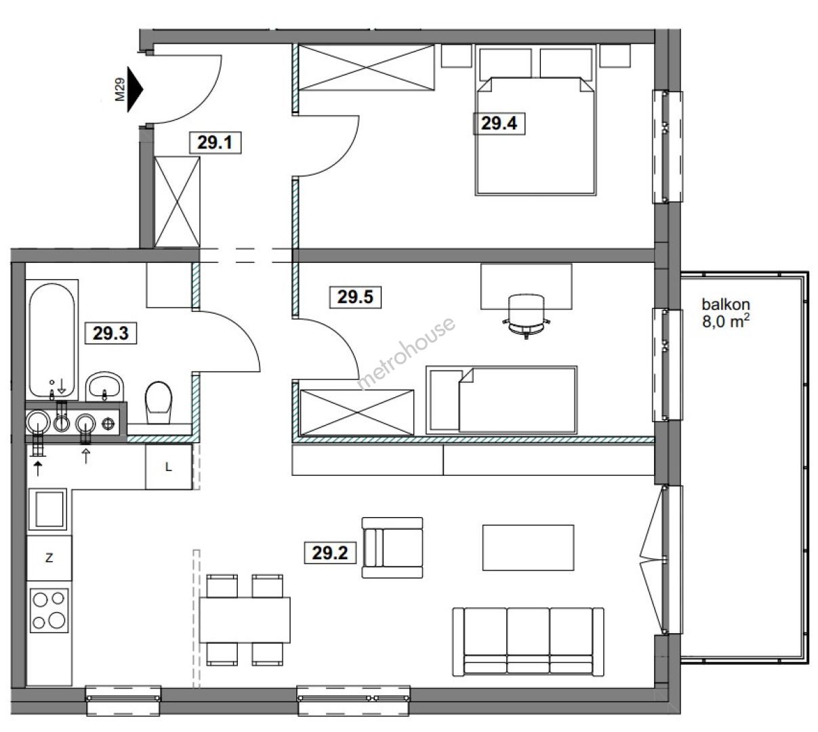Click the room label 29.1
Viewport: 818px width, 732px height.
[x=216, y=142]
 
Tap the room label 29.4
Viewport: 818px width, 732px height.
[x=499, y=123]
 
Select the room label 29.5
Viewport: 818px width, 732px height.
[x=355, y=297]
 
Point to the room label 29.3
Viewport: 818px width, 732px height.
[x=110, y=333]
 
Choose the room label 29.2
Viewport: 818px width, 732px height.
[x=330, y=553]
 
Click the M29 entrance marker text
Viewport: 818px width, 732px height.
[x=120, y=89]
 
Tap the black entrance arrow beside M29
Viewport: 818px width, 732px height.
[x=135, y=89]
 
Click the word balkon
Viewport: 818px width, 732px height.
[x=726, y=304]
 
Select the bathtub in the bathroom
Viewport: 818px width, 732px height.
[x=52, y=339]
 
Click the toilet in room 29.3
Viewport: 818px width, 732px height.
[x=159, y=403]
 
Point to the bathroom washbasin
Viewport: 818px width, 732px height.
[x=104, y=386]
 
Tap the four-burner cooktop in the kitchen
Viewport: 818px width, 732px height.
[x=49, y=610]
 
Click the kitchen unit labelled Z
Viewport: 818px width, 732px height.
[x=49, y=558]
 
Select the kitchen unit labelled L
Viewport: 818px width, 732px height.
[x=169, y=467]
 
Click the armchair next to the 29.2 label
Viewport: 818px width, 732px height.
[x=392, y=548]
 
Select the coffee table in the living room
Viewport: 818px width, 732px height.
[x=528, y=548]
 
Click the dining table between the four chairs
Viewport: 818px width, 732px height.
[x=245, y=619]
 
